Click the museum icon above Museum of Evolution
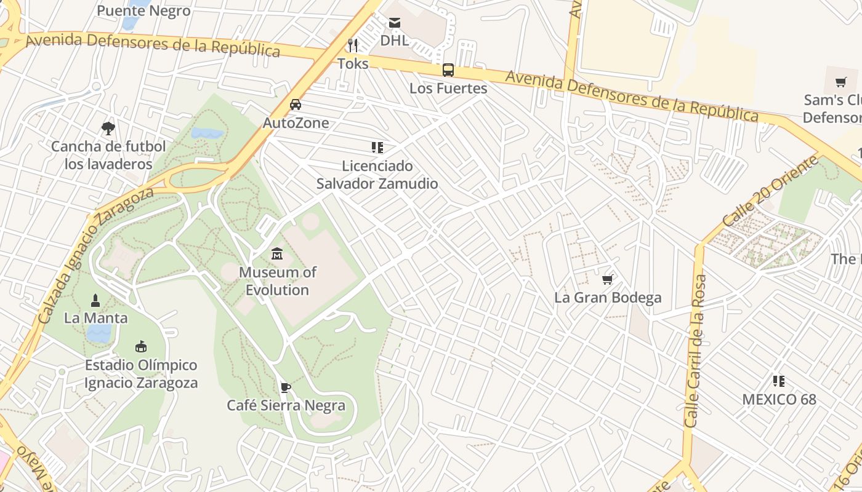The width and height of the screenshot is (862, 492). [x=277, y=253]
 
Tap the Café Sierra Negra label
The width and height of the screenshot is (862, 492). [x=286, y=405]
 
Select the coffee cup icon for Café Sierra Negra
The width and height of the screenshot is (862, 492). [x=285, y=387]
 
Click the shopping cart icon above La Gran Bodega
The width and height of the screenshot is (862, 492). [x=608, y=280]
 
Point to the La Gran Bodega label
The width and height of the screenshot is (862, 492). [x=608, y=298]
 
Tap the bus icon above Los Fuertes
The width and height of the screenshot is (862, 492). [x=448, y=70]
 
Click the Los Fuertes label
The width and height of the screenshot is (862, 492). [x=448, y=89]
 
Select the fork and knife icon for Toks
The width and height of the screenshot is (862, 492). [x=353, y=45]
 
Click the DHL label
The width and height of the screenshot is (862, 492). [x=394, y=41]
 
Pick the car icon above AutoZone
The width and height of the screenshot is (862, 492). [x=296, y=105]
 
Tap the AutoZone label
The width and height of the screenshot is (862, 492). [x=296, y=123]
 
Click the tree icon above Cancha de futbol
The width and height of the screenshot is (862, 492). [x=108, y=129]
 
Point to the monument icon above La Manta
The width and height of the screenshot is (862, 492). [x=95, y=300]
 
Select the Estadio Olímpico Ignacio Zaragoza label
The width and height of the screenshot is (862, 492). [x=141, y=374]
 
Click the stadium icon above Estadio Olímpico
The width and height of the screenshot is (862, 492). [x=141, y=347]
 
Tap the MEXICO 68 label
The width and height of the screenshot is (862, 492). [x=779, y=399]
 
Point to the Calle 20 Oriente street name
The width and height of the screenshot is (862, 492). [x=770, y=191]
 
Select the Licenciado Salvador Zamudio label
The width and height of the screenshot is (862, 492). [x=377, y=175]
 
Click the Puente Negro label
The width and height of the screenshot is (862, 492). [x=143, y=10]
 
